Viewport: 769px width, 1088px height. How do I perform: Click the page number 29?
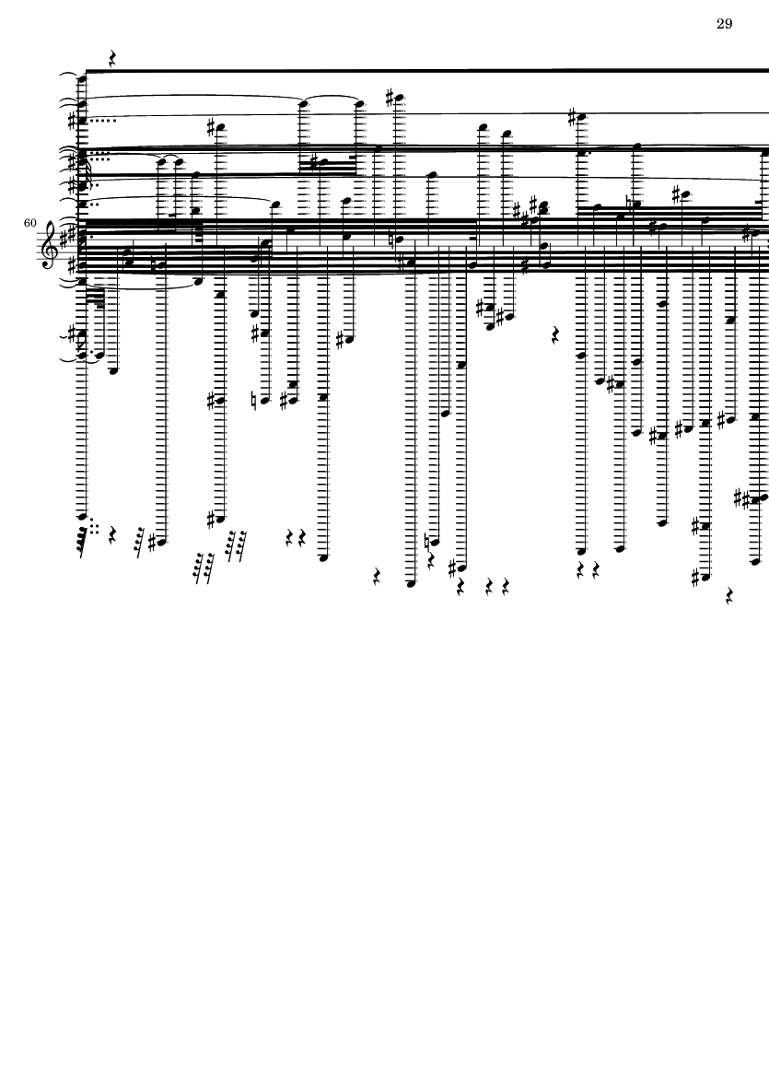tap(724, 24)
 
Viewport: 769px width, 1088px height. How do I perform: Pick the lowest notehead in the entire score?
tap(412, 584)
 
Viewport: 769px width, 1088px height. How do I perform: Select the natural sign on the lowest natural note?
tap(426, 542)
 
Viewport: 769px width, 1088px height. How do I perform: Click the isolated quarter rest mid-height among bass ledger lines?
tap(555, 335)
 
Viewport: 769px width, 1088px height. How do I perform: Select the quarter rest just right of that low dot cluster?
tap(112, 535)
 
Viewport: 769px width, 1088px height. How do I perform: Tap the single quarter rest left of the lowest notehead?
tap(378, 577)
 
